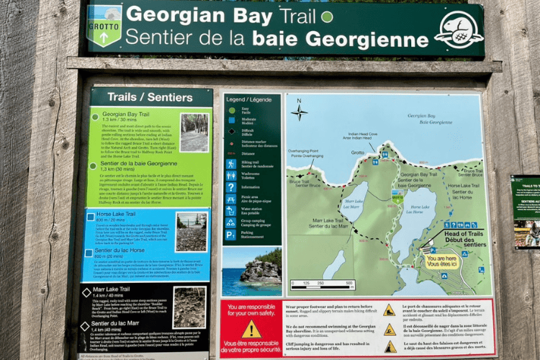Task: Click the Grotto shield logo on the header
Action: tap(104, 26)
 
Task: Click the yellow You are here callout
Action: tap(443, 260)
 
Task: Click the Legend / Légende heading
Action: tap(248, 99)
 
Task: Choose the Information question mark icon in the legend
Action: tap(230, 187)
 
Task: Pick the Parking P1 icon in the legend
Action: tap(230, 235)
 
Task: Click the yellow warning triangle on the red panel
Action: tap(251, 330)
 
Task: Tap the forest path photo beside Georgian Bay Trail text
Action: tap(194, 132)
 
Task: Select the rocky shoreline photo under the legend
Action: tap(251, 273)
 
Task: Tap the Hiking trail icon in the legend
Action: tap(230, 163)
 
